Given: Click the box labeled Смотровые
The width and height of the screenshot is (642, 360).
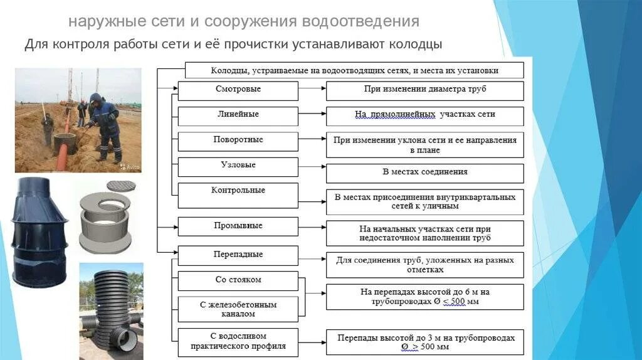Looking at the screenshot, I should tap(238, 90).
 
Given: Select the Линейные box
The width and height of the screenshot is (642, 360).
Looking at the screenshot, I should tap(238, 116).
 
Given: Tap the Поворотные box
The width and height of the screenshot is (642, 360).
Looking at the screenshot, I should tap(238, 141).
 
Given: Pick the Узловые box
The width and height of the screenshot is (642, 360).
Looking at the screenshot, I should tap(238, 166).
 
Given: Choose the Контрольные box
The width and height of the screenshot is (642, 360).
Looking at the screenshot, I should tap(238, 191).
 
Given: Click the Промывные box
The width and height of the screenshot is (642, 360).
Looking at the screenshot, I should tap(238, 226).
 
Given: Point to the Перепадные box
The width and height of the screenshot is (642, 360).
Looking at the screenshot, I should tap(238, 255).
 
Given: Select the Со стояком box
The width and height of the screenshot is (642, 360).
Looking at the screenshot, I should tap(238, 280).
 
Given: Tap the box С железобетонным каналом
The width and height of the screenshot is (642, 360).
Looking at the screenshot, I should tap(238, 309).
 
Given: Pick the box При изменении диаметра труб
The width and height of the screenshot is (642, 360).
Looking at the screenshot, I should tap(424, 90).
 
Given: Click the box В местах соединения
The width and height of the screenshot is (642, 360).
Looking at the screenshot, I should tap(424, 172).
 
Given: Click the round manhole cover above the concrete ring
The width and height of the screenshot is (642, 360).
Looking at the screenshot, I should tap(121, 186).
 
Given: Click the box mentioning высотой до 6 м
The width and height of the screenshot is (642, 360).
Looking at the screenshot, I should tap(424, 297).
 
